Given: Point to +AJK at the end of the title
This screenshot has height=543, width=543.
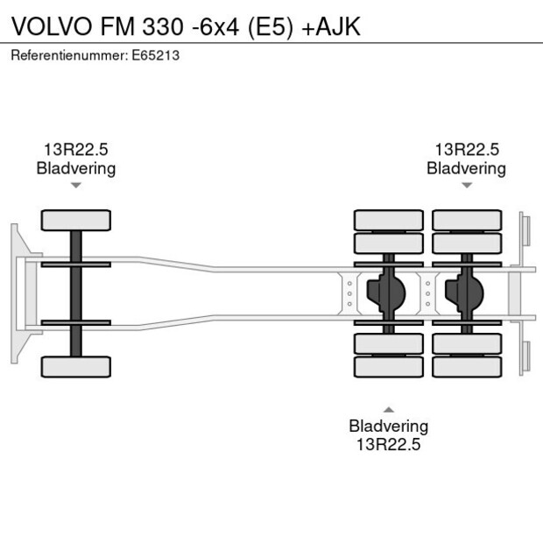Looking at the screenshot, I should (x=332, y=27).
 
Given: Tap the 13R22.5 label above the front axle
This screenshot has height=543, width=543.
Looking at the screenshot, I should (x=76, y=150).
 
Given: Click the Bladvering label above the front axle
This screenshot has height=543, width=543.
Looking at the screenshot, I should (x=76, y=168).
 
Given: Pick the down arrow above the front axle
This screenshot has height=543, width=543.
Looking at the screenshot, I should (x=76, y=186).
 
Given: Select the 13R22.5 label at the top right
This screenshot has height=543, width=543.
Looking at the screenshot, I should (x=467, y=150).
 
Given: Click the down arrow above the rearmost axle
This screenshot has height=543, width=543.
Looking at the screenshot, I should (x=467, y=186).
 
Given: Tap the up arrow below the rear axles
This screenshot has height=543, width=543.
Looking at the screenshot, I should (x=389, y=409).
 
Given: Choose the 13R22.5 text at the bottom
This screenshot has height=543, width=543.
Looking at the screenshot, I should (x=389, y=444).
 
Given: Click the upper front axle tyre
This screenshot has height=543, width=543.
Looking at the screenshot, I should (x=76, y=220).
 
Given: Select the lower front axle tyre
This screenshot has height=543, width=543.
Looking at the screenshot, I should (x=76, y=366).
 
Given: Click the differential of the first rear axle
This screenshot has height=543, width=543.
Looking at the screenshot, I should (x=389, y=293).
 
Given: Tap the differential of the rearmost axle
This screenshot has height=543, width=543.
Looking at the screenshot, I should (x=467, y=293).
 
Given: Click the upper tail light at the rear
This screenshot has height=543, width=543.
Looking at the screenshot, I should (x=525, y=230).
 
